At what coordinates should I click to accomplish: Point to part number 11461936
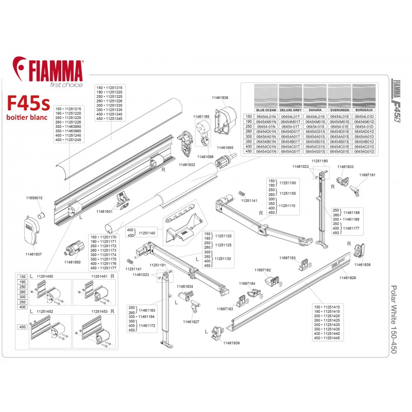[x=220, y=97]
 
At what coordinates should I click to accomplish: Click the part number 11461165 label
[x=201, y=117]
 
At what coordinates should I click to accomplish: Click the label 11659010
[x=35, y=198]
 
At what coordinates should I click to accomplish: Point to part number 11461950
[x=73, y=262]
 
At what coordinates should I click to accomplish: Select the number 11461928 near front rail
[x=348, y=278]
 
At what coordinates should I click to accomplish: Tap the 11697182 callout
[x=263, y=269]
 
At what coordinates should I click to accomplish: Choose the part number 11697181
[x=366, y=175]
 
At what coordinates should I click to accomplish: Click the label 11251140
[x=145, y=233]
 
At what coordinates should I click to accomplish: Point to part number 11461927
[x=190, y=321]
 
